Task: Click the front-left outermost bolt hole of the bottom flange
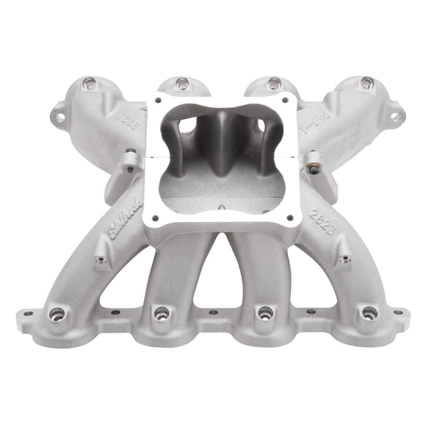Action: click(x=56, y=315)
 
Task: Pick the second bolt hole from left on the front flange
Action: click(x=161, y=314)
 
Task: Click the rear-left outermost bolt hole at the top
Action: click(x=90, y=83)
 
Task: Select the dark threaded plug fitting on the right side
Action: click(x=313, y=159)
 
